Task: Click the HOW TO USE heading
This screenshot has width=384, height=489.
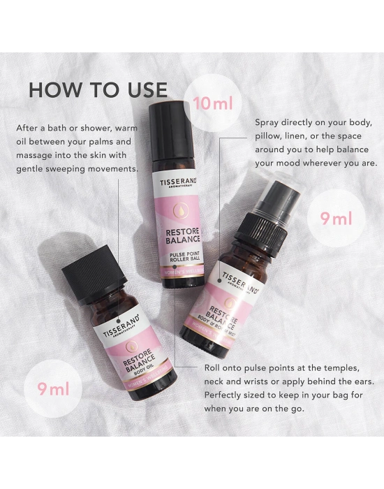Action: pyautogui.click(x=98, y=90)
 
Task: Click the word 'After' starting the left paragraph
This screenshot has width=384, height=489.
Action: pyautogui.click(x=29, y=128)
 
